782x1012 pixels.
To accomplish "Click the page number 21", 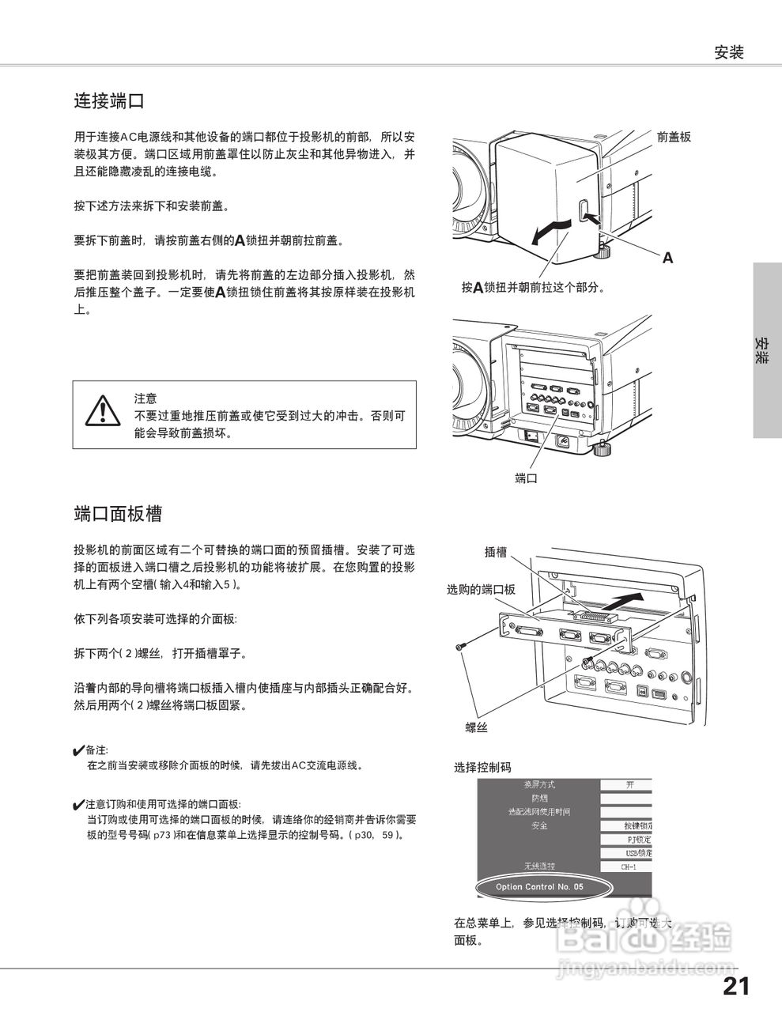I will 735,986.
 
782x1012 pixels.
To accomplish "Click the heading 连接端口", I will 108,101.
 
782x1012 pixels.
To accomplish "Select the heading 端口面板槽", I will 118,513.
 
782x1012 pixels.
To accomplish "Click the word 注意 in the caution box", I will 145,398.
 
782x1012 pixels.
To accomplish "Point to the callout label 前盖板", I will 674,137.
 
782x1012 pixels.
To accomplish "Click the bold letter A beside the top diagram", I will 668,258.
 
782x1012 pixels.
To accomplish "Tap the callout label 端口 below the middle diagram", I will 526,478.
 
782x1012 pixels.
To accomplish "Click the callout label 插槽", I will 496,553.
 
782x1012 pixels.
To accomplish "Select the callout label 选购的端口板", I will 481,589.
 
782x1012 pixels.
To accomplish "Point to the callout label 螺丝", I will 476,727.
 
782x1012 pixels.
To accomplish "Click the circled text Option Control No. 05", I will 540,887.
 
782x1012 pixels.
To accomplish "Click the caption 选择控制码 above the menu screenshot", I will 482,767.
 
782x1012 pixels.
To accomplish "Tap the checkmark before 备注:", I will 78,750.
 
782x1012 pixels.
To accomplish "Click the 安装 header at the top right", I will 729,53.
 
